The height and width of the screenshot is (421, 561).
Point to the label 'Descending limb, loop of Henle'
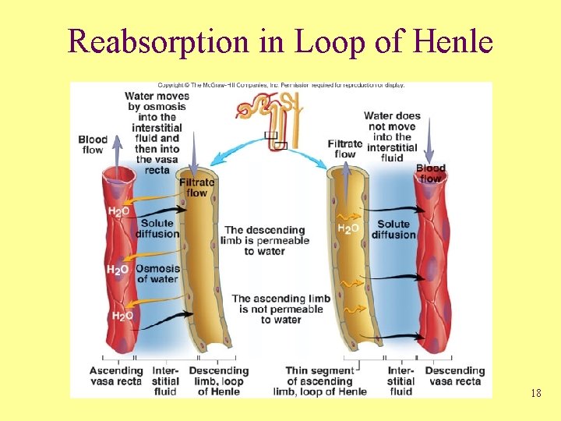coord(219,381)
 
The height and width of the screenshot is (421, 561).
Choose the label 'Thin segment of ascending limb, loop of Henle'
coord(319,381)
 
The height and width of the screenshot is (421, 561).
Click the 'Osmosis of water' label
coord(157,274)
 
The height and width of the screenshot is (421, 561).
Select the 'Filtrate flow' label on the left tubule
coord(196,187)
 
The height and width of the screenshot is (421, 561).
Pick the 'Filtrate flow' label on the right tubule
coord(345,149)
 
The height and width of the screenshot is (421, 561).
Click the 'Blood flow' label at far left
coord(93,145)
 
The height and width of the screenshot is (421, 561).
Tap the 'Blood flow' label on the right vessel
coord(431,173)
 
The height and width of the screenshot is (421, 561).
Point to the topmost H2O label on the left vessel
coord(118,211)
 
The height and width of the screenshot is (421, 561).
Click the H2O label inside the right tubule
coord(348,228)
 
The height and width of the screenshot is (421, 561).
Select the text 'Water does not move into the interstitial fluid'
coord(392,136)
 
